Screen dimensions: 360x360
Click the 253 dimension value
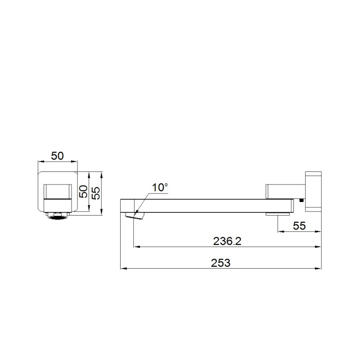(220, 263)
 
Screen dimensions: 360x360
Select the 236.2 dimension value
(227, 241)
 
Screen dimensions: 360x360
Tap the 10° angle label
(160, 187)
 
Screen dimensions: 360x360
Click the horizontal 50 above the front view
(57, 156)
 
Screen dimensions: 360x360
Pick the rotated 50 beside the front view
(83, 192)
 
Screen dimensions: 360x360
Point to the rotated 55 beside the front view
(96, 193)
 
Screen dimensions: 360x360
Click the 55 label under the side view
(299, 226)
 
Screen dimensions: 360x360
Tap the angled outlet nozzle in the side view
(135, 216)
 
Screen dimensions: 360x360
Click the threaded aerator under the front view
(58, 216)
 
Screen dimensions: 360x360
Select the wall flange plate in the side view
(313, 192)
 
